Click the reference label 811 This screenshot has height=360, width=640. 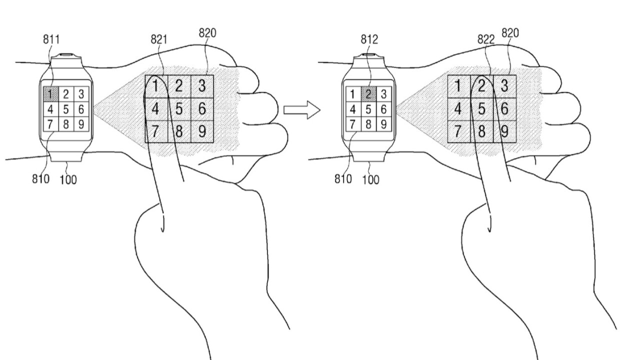(x=51, y=40)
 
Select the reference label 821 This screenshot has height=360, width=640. (x=159, y=40)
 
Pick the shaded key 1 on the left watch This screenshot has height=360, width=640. (x=50, y=93)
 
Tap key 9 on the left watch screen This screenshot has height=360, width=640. (x=81, y=123)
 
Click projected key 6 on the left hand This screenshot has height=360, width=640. (x=201, y=108)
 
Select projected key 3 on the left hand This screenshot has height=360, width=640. (x=201, y=85)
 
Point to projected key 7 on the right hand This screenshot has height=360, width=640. (x=458, y=131)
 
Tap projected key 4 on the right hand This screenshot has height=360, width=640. (x=458, y=108)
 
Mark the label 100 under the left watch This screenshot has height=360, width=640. (x=68, y=179)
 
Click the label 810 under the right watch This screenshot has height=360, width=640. (x=343, y=178)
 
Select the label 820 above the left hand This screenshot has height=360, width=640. (x=207, y=33)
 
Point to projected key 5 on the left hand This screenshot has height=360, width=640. (x=178, y=108)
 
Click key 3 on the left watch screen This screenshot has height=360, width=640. (x=81, y=93)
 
